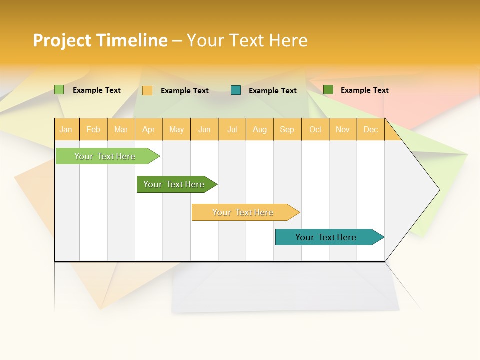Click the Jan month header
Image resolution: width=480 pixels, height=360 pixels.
click(x=66, y=129)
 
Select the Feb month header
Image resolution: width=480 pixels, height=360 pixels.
click(x=93, y=129)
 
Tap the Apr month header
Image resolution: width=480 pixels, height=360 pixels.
click(x=149, y=129)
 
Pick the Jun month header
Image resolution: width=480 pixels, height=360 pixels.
click(x=204, y=129)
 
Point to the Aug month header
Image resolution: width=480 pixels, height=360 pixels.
click(x=260, y=129)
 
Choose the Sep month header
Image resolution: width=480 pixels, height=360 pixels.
click(x=287, y=129)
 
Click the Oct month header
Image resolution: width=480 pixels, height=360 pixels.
click(x=315, y=129)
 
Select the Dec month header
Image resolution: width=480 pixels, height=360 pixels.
click(x=371, y=129)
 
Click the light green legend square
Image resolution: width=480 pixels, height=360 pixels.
click(x=59, y=90)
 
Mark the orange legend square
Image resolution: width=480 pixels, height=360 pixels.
click(x=147, y=90)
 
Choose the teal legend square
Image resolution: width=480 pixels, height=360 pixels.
click(x=236, y=90)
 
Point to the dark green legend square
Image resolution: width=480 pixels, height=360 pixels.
click(x=328, y=90)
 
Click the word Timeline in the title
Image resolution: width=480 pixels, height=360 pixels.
click(x=131, y=40)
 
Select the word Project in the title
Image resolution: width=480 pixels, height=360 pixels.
click(x=61, y=40)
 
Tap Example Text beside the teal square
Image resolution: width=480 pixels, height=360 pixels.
click(x=273, y=91)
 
